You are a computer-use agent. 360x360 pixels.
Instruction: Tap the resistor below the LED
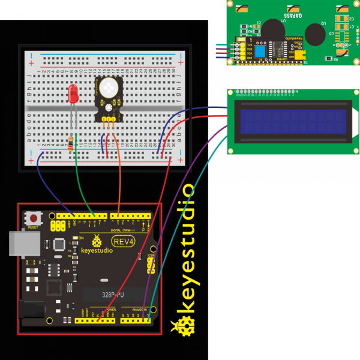coord(72,143)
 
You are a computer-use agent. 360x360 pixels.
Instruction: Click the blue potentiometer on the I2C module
coord(260,52)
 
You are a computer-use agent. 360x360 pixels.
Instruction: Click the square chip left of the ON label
coord(59,244)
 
